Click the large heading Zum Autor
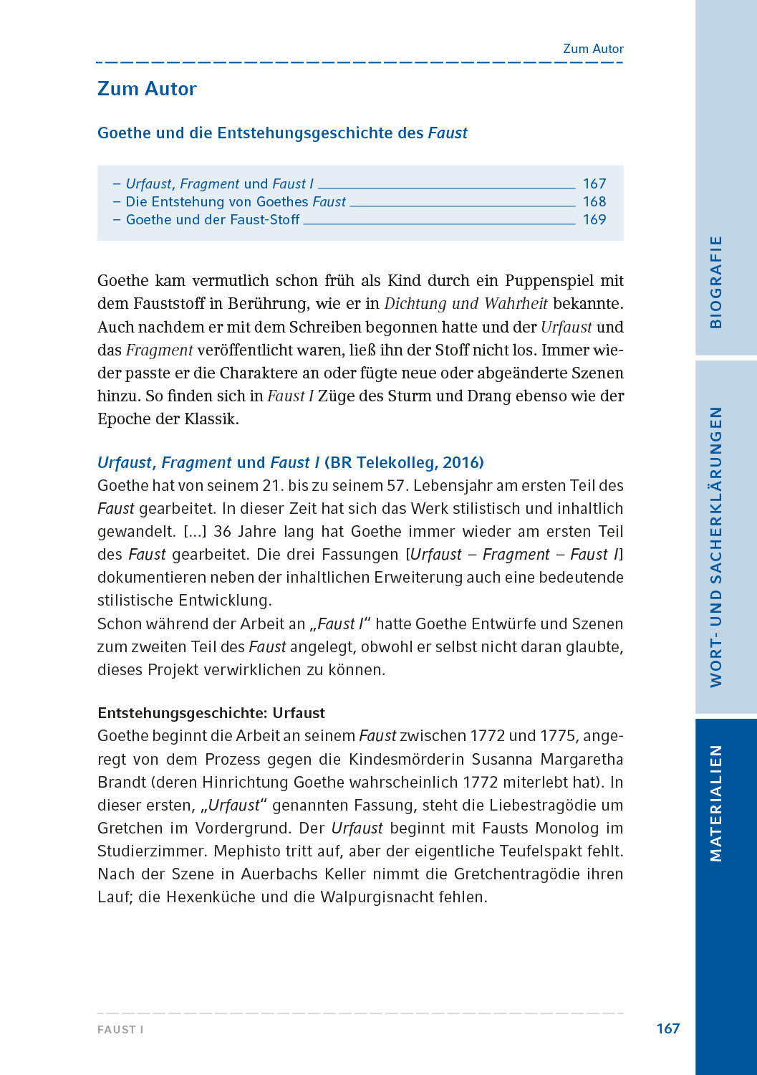(147, 89)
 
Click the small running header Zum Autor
(593, 49)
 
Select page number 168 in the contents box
(594, 202)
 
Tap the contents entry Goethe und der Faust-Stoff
(213, 220)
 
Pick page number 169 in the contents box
(594, 220)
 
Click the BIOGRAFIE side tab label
(715, 282)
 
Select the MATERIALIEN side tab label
(715, 803)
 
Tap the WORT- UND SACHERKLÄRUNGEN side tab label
(715, 547)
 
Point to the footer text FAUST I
(120, 1029)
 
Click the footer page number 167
(667, 1028)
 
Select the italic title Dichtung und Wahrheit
(466, 304)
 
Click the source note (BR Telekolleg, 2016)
(404, 463)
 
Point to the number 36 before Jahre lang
(223, 532)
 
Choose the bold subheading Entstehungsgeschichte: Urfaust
(211, 713)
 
